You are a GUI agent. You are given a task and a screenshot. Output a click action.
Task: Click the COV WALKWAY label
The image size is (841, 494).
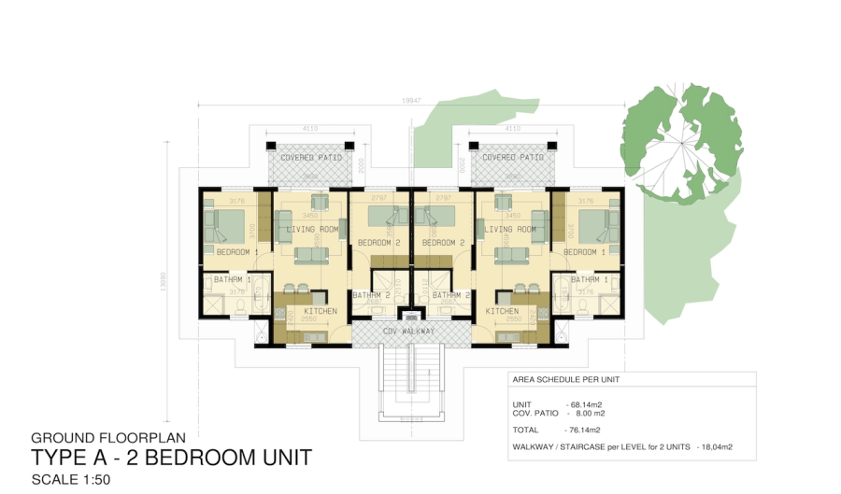[x=408, y=332]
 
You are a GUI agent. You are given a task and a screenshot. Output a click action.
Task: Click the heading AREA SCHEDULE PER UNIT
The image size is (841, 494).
[x=566, y=380]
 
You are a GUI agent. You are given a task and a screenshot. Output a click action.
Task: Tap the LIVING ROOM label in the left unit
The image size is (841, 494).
[x=312, y=230]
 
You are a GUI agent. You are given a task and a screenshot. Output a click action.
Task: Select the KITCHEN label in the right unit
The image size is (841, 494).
[x=502, y=311]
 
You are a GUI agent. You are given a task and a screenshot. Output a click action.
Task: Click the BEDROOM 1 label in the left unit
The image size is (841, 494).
[x=236, y=252]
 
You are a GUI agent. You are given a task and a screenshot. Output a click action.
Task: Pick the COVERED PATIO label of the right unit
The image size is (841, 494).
[x=513, y=158]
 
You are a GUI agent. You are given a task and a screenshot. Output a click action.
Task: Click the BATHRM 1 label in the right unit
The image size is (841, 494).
[x=590, y=279]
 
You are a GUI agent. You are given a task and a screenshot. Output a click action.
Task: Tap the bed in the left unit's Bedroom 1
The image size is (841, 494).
[x=228, y=224]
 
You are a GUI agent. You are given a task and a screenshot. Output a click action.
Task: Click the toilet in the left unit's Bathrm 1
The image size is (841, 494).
[x=239, y=304]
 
